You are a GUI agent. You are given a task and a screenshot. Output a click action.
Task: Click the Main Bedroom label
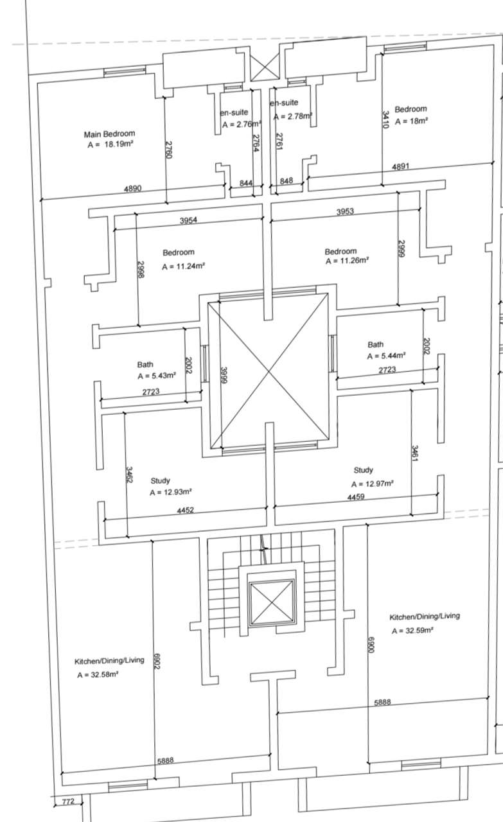pos(109,134)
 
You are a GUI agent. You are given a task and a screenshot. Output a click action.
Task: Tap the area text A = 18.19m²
pos(110,144)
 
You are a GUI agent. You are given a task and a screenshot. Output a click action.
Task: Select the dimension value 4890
pos(132,189)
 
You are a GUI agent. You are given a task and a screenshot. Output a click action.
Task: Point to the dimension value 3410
pos(385,119)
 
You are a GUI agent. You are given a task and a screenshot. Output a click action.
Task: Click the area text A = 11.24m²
pos(183,266)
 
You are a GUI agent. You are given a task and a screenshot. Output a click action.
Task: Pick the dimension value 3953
pos(345,211)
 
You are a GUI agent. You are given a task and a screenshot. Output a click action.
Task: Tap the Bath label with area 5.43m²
pos(145,364)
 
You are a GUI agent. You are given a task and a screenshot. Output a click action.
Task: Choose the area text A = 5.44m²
pos(386,356)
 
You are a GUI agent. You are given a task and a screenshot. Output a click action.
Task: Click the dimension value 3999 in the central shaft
pos(224,376)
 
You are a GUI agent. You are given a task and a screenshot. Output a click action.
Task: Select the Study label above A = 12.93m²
pos(160,480)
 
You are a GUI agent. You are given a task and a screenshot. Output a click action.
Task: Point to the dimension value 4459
pos(356,496)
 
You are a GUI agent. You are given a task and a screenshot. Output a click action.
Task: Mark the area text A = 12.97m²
pos(373,484)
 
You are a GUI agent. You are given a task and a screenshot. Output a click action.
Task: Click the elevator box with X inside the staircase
pos(272,602)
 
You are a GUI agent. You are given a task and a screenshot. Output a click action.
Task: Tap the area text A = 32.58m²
pos(98,674)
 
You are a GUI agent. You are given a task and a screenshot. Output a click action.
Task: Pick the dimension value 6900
pos(371,644)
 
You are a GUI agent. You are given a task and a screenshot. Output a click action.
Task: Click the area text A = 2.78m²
pos(293,116)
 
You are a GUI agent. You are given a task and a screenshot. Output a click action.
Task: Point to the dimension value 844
pos(245,183)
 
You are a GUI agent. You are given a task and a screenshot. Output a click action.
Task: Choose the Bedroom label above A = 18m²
pos(410,109)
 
